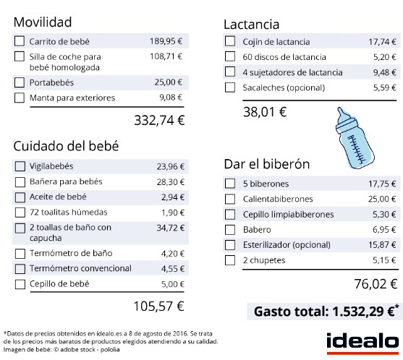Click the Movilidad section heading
[43, 20]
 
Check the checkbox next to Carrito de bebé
[20, 41]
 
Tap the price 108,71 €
[166, 56]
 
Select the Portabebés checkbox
[20, 82]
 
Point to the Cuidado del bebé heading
[66, 145]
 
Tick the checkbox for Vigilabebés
[20, 166]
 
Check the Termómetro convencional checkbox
[20, 268]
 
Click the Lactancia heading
[251, 25]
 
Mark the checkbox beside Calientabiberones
[229, 198]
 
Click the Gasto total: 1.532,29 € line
[325, 312]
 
